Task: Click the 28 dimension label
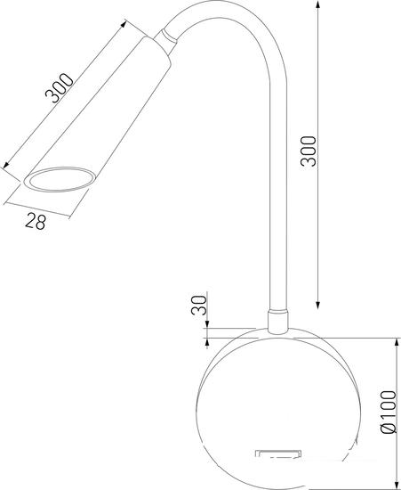point(36,221)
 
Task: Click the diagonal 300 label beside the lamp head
point(60,88)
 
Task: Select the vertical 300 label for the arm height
point(309,151)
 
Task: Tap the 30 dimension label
point(199,305)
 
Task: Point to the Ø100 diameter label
point(389,412)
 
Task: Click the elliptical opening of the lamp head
point(60,179)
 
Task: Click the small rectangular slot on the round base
point(278,453)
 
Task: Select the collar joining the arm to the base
point(277,322)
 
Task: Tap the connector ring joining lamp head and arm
point(165,41)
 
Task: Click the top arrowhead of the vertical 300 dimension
point(317,4)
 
